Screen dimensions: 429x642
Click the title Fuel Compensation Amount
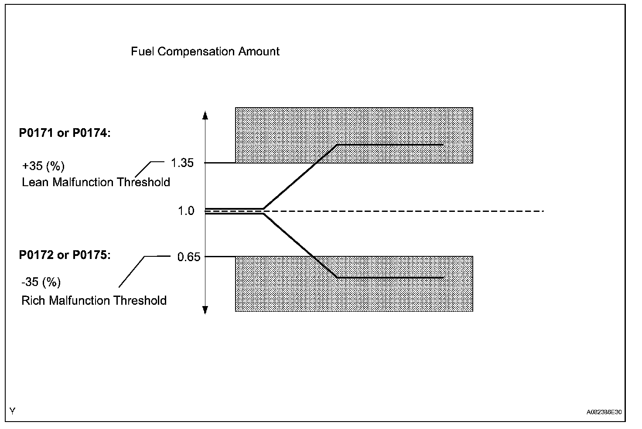pyautogui.click(x=205, y=51)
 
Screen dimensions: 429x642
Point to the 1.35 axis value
pyautogui.click(x=182, y=163)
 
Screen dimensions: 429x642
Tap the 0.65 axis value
pyautogui.click(x=188, y=257)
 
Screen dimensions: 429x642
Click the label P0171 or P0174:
pyautogui.click(x=65, y=133)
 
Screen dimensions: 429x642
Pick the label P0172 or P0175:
pyautogui.click(x=65, y=255)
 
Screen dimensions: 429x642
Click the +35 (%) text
pyautogui.click(x=43, y=166)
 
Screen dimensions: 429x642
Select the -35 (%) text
pyautogui.click(x=41, y=283)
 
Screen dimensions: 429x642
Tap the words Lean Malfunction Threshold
pyautogui.click(x=96, y=182)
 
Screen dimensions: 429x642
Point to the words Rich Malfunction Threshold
pyautogui.click(x=94, y=301)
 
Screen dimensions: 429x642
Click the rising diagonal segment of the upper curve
pyautogui.click(x=300, y=176)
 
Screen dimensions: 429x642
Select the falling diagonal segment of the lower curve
pyautogui.click(x=300, y=245)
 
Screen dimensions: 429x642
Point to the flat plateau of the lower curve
pyautogui.click(x=390, y=277)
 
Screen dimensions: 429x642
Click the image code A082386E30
pyautogui.click(x=604, y=412)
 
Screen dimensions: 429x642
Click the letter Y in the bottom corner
pyautogui.click(x=13, y=411)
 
